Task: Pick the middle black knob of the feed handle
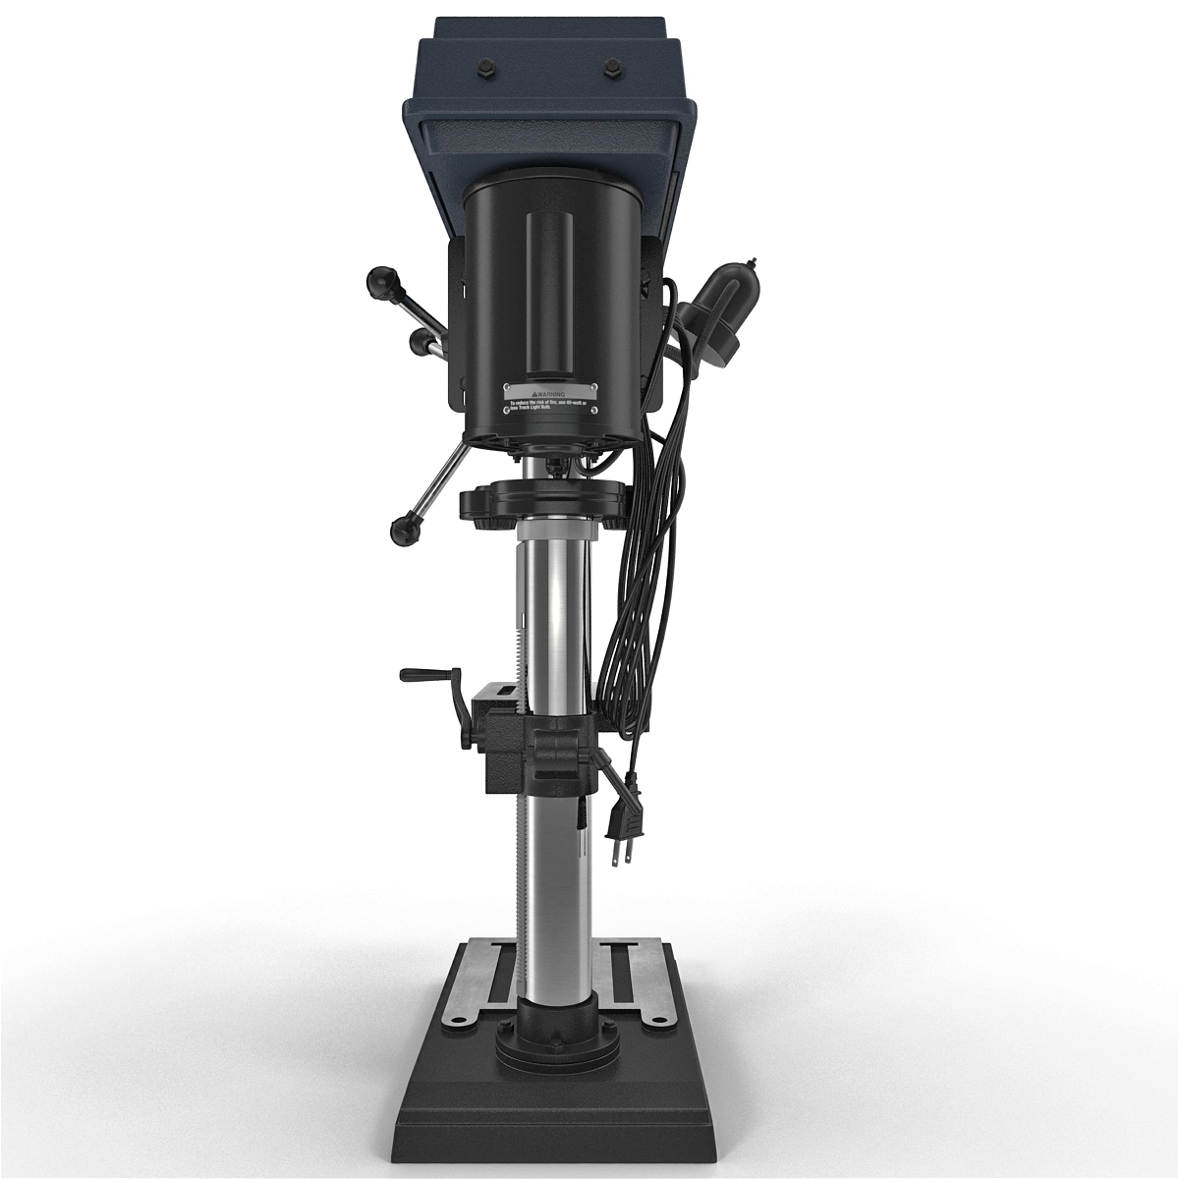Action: point(420,340)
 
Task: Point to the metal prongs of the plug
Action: point(620,854)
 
